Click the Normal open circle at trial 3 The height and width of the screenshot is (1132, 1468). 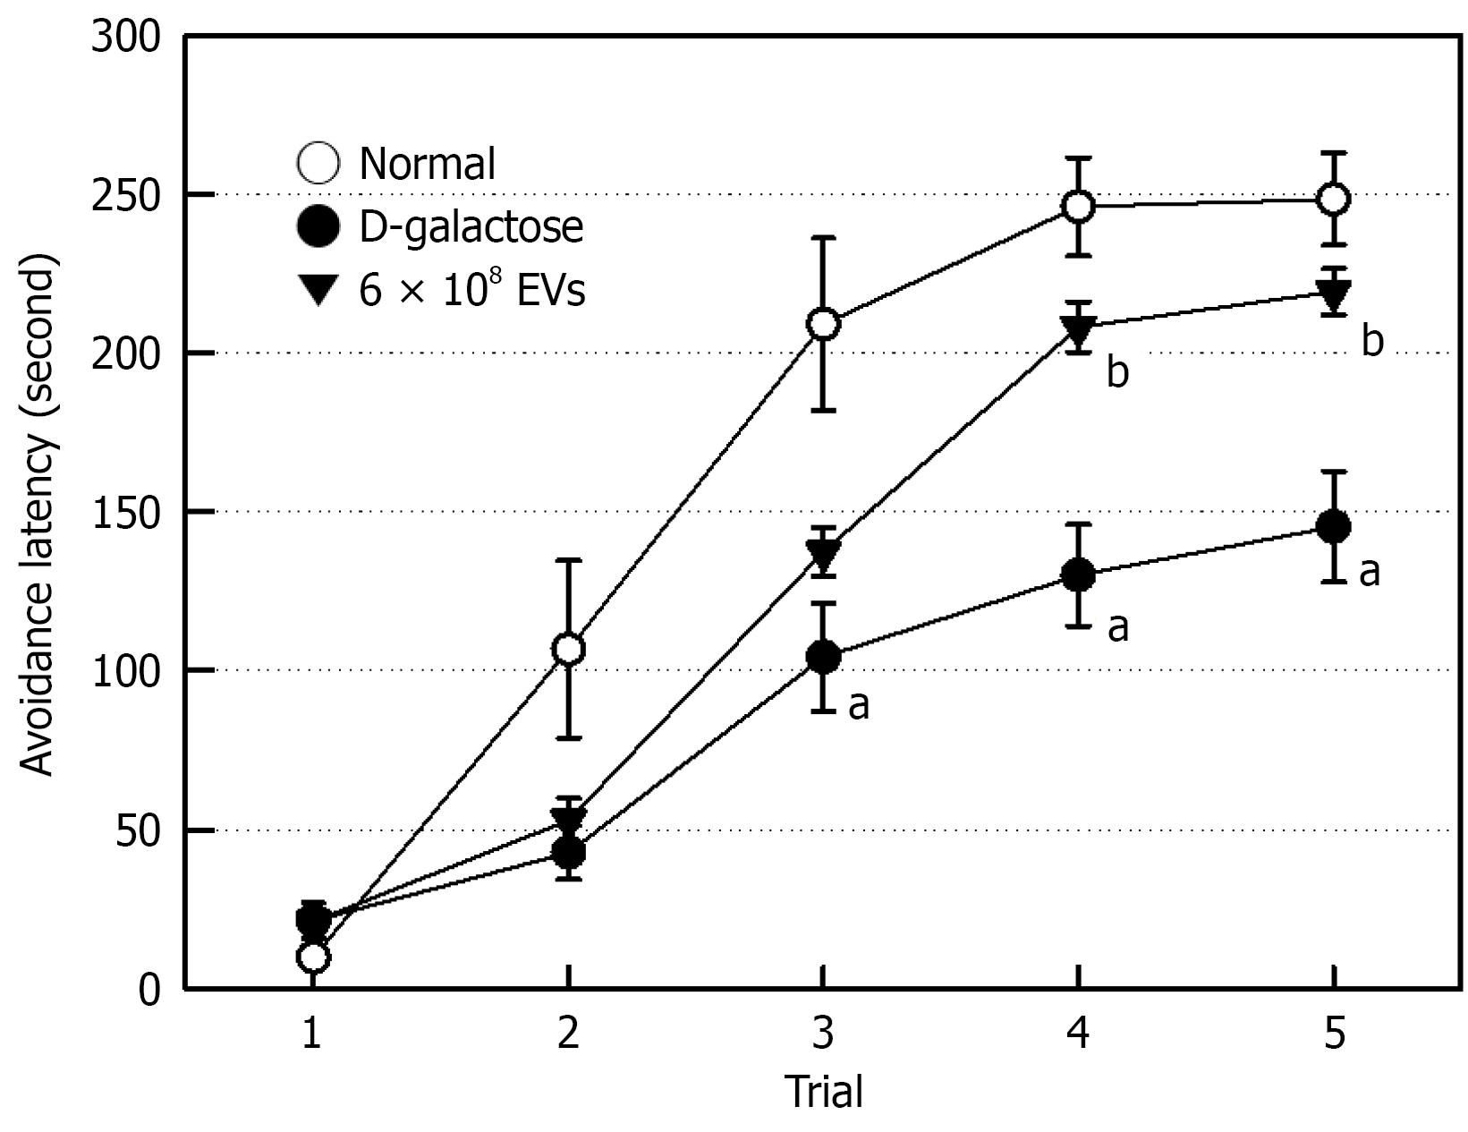pyautogui.click(x=823, y=324)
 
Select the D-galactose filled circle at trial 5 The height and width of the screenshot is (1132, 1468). pyautogui.click(x=1334, y=526)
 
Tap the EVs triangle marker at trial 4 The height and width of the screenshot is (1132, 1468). pyautogui.click(x=1079, y=332)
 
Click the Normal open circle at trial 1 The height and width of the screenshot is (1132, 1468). pyautogui.click(x=312, y=958)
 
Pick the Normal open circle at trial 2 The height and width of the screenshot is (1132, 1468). pyautogui.click(x=569, y=649)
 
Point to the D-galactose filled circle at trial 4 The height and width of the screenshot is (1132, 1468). pyautogui.click(x=1079, y=575)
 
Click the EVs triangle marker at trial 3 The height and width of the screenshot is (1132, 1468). pyautogui.click(x=823, y=557)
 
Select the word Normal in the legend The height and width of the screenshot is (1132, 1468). pyautogui.click(x=427, y=164)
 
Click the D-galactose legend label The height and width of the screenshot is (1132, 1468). pyautogui.click(x=471, y=227)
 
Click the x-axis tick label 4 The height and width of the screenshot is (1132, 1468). pyautogui.click(x=1079, y=1035)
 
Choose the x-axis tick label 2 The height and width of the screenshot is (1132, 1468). pyautogui.click(x=567, y=1035)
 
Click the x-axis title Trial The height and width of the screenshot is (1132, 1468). pyautogui.click(x=823, y=1093)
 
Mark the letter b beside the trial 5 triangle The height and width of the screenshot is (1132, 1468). pyautogui.click(x=1372, y=343)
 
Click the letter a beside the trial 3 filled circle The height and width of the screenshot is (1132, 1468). pyautogui.click(x=858, y=706)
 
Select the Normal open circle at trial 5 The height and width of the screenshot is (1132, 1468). pyautogui.click(x=1334, y=199)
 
